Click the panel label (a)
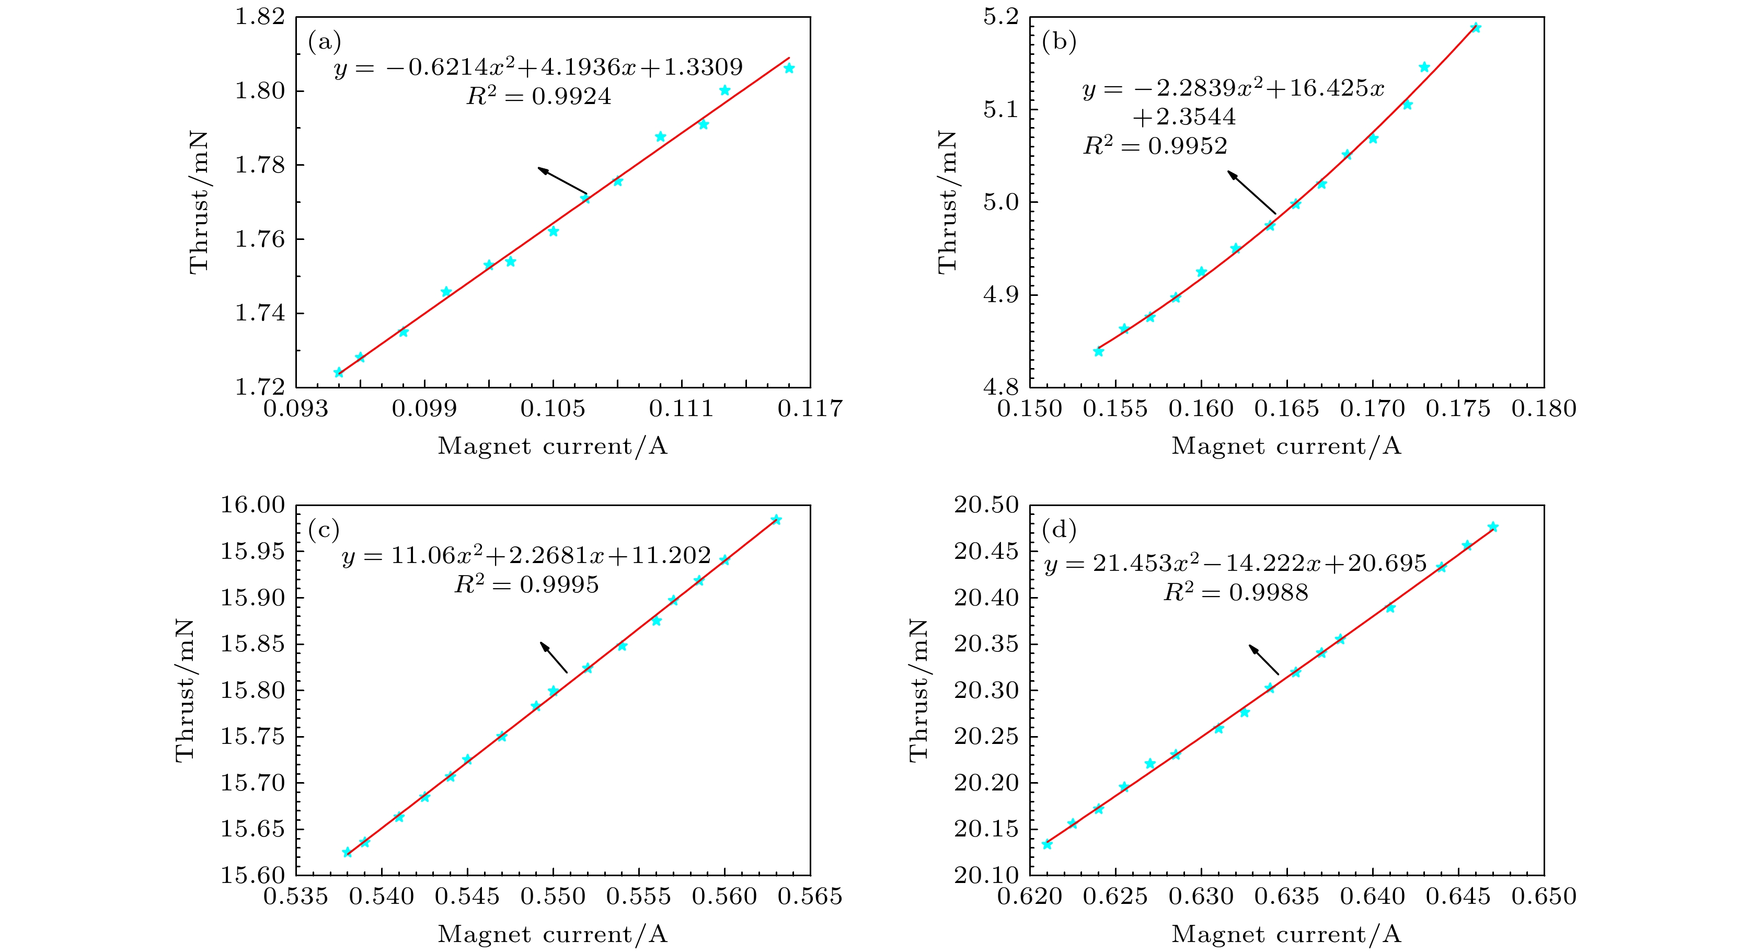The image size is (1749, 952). point(324,42)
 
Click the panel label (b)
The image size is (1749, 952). point(1058,42)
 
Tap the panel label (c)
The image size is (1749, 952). point(323,530)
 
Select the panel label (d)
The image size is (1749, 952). point(1059,530)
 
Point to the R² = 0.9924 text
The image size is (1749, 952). point(538,96)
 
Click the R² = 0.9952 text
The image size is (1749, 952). point(1155,146)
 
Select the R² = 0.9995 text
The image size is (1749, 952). point(527,584)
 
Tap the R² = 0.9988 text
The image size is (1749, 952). point(1236,593)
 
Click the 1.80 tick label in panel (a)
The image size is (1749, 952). point(260,91)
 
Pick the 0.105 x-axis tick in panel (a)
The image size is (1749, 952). point(553,409)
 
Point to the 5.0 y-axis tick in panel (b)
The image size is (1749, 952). point(1002,202)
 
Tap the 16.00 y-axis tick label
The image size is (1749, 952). point(252,505)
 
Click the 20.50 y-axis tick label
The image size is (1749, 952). point(986,505)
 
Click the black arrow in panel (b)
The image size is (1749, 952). point(1251,192)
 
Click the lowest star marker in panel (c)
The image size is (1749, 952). point(347,852)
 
